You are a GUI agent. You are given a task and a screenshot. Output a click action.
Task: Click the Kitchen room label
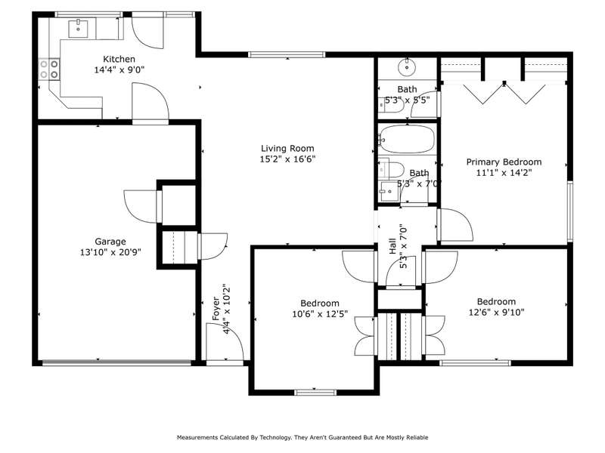119,59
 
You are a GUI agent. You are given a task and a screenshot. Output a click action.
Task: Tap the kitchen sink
79,29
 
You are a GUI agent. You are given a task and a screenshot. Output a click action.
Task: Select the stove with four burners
49,69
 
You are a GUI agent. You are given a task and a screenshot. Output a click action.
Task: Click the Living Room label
287,148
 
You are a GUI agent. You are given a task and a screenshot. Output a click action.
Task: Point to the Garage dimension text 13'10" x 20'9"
110,252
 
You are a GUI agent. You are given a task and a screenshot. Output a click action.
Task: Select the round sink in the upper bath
407,67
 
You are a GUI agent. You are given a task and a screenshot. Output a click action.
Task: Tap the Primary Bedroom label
504,162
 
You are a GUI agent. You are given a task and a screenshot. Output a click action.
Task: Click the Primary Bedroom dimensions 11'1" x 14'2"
504,173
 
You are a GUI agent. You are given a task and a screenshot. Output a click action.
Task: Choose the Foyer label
216,309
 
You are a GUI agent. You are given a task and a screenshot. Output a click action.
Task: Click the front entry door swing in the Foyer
225,342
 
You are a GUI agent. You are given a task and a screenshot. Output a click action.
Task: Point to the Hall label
392,246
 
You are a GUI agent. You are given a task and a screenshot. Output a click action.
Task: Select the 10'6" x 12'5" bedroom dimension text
320,314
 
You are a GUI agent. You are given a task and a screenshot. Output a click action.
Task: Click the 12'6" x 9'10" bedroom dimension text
497,312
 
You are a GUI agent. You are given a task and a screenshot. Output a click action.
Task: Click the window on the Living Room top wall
287,54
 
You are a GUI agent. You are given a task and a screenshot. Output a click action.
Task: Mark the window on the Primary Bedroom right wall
570,211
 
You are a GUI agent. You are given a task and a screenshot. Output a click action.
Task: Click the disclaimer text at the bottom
302,437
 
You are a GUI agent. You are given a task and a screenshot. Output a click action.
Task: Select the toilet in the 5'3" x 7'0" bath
391,168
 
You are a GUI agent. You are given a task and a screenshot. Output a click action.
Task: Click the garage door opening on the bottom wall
116,362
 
